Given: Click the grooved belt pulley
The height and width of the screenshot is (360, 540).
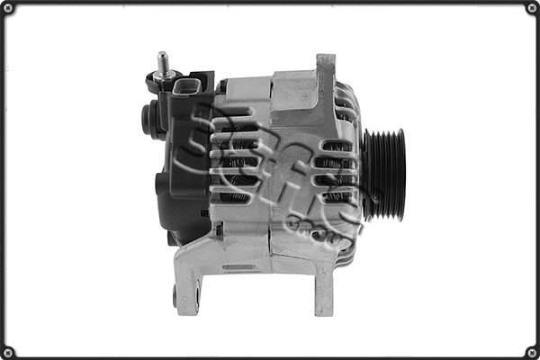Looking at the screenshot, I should [385, 175].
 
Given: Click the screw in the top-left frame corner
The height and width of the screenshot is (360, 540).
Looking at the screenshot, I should [8, 8].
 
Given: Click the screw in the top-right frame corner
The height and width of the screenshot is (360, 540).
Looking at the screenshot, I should [531, 8].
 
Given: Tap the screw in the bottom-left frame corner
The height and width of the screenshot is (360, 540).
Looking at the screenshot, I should [8, 351].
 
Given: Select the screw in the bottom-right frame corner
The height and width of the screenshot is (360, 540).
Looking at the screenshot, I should [531, 351].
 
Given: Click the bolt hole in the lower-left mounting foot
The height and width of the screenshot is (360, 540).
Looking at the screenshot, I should [175, 292].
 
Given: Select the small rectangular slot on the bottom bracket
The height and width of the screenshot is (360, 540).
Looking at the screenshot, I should [238, 267].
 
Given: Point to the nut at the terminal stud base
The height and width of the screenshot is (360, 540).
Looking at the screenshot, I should [163, 78].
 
